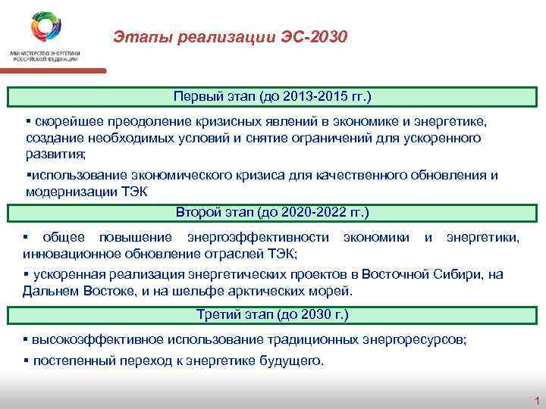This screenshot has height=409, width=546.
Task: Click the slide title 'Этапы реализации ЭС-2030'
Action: click(231, 36)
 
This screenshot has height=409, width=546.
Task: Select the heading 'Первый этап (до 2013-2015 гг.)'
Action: click(272, 97)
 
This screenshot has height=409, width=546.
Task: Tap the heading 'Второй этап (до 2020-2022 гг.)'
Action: click(272, 211)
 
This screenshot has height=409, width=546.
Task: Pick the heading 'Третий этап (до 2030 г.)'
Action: click(272, 314)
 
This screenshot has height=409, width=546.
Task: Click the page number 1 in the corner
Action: click(535, 400)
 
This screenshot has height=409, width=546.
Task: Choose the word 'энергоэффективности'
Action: click(256, 238)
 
